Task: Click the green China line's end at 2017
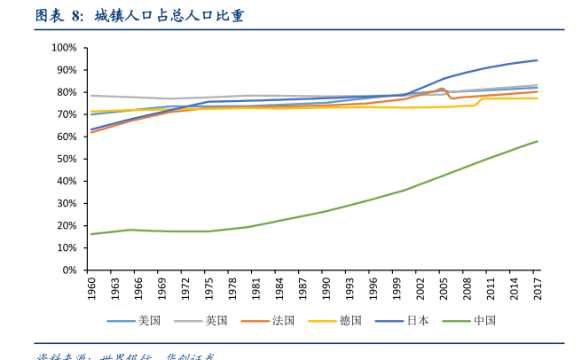click(x=538, y=141)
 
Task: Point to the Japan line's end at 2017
click(x=538, y=60)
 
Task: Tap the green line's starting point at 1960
click(x=91, y=234)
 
